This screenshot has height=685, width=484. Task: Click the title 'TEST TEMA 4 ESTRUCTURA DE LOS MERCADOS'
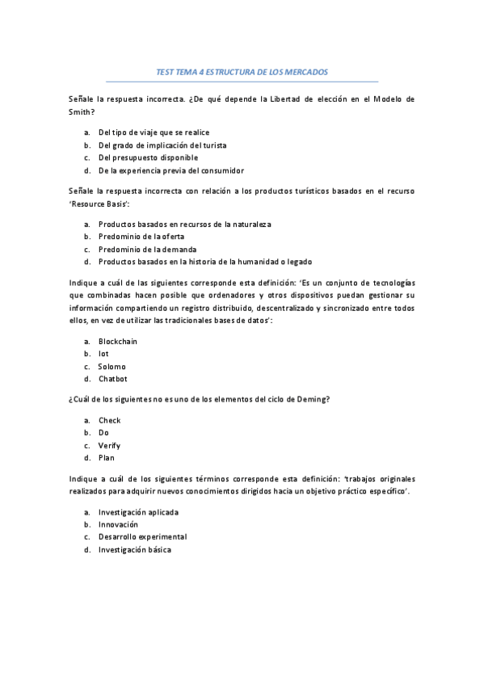242,71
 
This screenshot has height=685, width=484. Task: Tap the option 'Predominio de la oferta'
141,236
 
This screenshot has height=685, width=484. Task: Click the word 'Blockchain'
118,341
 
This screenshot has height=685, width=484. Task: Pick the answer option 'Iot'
103,354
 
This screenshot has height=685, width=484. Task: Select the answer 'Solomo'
112,367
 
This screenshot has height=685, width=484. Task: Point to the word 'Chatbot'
113,379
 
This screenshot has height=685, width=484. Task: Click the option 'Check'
109,420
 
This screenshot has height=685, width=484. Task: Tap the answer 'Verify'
109,445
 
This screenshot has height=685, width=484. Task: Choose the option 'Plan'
107,458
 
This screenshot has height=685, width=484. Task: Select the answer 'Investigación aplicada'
138,512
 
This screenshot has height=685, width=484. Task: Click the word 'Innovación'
118,524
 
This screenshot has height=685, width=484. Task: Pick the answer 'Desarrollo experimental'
142,537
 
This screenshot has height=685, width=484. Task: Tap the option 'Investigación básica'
135,549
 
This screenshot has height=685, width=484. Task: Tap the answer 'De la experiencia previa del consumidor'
170,170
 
